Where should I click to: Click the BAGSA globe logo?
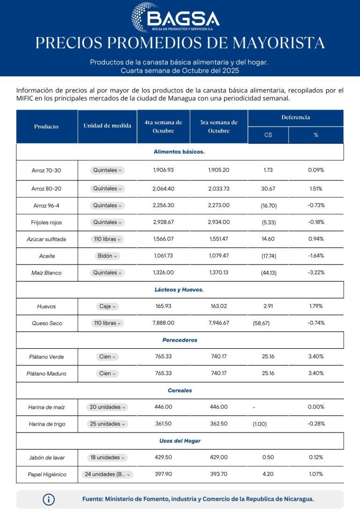click(145, 17)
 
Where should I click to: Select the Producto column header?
click(46, 127)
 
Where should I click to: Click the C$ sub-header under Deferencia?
click(268, 135)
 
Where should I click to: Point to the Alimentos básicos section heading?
click(179, 152)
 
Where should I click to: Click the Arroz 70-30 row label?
click(46, 170)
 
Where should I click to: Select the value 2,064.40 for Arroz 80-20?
click(163, 189)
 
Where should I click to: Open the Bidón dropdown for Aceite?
click(107, 256)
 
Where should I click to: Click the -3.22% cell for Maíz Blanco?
click(316, 272)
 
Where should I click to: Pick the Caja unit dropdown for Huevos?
click(107, 306)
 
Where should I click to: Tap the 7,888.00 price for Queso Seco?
click(164, 323)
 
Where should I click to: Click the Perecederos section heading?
click(180, 340)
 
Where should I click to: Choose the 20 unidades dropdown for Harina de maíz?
click(107, 407)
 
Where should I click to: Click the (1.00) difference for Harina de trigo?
click(260, 424)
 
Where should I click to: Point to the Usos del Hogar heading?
click(180, 441)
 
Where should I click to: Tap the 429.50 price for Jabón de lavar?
click(163, 457)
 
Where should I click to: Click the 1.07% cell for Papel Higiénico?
click(316, 474)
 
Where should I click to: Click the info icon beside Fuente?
click(49, 499)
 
